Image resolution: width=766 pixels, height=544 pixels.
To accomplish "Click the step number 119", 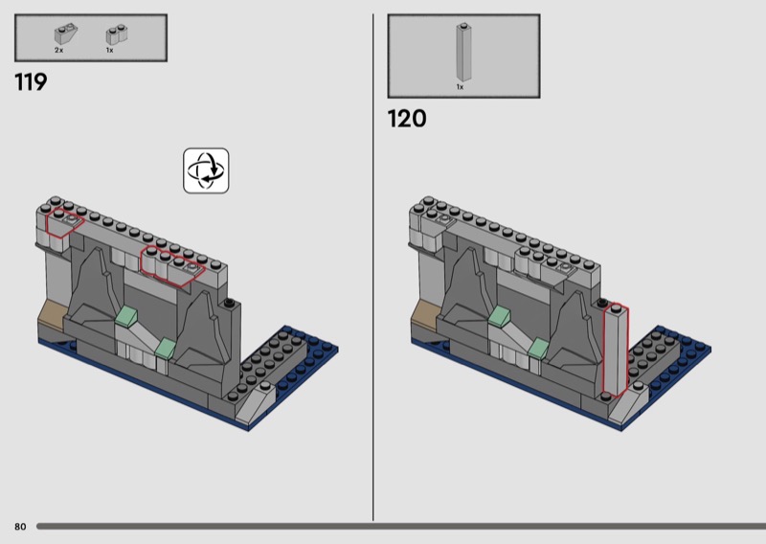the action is pyautogui.click(x=31, y=82).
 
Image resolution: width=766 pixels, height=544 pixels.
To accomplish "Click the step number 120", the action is pyautogui.click(x=407, y=119).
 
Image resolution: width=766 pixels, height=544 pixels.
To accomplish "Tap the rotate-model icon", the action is pyautogui.click(x=206, y=170).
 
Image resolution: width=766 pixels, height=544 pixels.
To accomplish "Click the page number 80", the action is pyautogui.click(x=20, y=527).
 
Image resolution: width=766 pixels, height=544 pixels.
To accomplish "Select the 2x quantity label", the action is pyautogui.click(x=58, y=51).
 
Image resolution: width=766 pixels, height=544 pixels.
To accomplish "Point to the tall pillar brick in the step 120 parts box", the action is pyautogui.click(x=463, y=52).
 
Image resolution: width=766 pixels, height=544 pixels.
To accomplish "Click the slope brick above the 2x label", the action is pyautogui.click(x=65, y=34).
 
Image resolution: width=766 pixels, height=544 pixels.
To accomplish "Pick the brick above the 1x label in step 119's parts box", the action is pyautogui.click(x=117, y=34).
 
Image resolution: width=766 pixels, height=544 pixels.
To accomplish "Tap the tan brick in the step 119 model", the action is pyautogui.click(x=52, y=313).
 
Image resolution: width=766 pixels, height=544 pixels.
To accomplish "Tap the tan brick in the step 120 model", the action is pyautogui.click(x=424, y=313).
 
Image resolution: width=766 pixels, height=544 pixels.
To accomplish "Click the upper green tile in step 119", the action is pyautogui.click(x=126, y=315).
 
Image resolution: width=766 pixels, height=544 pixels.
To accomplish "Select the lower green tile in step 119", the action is pyautogui.click(x=165, y=348).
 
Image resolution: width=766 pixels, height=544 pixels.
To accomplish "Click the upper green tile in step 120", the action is pyautogui.click(x=499, y=315).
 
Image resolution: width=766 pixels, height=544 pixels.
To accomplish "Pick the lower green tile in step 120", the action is pyautogui.click(x=538, y=348).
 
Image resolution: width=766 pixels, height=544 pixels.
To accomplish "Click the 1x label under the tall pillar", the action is pyautogui.click(x=460, y=87).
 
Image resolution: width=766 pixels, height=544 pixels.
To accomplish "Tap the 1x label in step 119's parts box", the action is pyautogui.click(x=109, y=51).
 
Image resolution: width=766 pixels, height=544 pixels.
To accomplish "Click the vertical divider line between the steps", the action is pyautogui.click(x=373, y=267).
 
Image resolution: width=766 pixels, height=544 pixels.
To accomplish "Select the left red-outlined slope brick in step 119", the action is pyautogui.click(x=64, y=224).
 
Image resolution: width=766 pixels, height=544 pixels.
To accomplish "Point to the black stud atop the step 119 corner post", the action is pyautogui.click(x=229, y=303).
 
